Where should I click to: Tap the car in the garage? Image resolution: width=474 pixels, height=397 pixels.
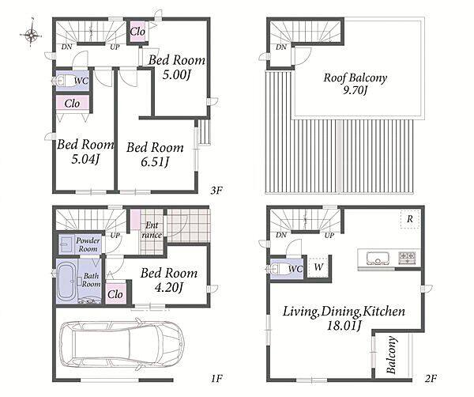click(122, 344)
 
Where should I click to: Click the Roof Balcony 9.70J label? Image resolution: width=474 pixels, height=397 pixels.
click(355, 84)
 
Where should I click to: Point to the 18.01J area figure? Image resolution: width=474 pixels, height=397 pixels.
click(344, 326)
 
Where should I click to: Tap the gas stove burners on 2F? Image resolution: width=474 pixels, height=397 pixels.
click(407, 258)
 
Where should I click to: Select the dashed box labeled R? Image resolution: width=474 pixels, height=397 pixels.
click(410, 219)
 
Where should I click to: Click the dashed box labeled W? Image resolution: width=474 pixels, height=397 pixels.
click(318, 267)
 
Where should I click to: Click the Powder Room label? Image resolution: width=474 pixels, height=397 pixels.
click(88, 244)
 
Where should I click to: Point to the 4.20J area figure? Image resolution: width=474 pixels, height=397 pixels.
click(169, 287)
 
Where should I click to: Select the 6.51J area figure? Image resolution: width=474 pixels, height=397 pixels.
click(155, 161)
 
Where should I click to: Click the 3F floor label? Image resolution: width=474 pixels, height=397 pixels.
click(216, 191)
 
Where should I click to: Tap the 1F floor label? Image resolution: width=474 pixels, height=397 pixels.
click(216, 378)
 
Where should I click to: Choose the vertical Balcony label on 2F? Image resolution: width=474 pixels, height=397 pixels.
click(391, 354)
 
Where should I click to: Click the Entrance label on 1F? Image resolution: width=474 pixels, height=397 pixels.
click(152, 230)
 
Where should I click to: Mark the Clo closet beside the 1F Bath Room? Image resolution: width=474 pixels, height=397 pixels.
click(115, 294)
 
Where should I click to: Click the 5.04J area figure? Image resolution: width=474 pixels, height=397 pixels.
click(85, 159)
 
